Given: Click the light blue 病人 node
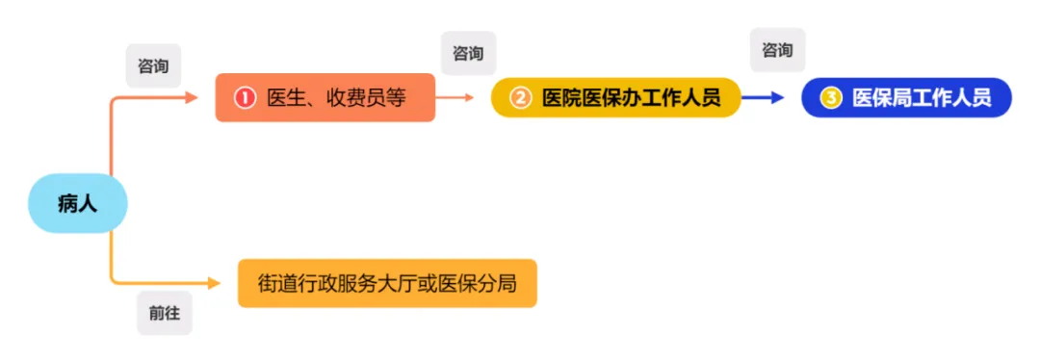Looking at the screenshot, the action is coord(77,204).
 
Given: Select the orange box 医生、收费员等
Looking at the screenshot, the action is coord(325,97).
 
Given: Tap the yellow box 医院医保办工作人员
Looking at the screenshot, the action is coord(616,97).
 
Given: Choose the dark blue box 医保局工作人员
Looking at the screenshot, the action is coord(906,97).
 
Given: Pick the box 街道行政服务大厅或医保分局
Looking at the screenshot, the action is coord(387,283).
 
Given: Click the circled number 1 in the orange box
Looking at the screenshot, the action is coord(245,98).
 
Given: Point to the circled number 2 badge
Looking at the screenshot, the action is coord(520,98).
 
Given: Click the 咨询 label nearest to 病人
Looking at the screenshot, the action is coord(153,65).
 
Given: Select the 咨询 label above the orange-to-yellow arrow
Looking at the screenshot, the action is coord(468,53).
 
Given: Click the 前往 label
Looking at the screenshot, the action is coord(164,312).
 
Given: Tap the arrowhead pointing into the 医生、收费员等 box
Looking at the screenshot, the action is coord(192,97).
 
